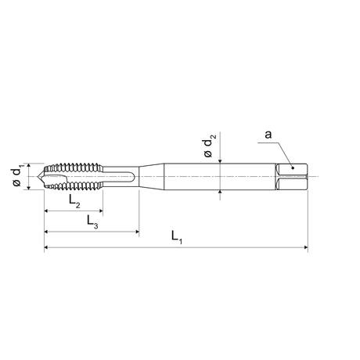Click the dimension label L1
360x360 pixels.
176,237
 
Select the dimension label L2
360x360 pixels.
73,201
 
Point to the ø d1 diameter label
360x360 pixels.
17,175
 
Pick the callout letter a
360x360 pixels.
268,135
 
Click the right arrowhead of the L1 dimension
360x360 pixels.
304,247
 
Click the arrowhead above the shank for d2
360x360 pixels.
222,161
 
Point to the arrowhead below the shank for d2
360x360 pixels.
222,189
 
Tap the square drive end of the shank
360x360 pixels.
293,176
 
